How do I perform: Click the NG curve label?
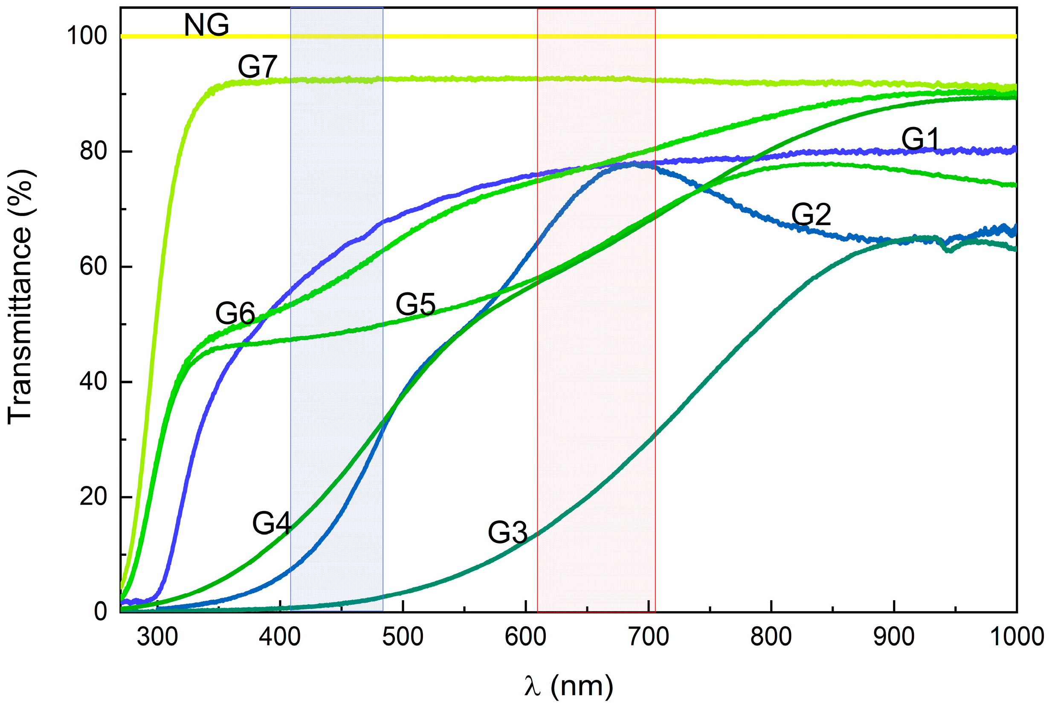click(x=206, y=25)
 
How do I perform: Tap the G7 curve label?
click(x=257, y=67)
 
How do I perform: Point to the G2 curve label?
click(x=811, y=214)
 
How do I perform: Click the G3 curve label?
click(x=507, y=533)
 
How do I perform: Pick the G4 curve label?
click(x=272, y=523)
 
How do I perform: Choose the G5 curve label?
click(x=415, y=304)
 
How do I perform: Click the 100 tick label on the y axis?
click(x=87, y=35)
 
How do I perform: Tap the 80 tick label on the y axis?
click(x=93, y=151)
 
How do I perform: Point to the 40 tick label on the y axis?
click(x=93, y=381)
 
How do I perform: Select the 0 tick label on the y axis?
click(x=100, y=612)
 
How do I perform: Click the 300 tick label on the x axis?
click(x=157, y=637)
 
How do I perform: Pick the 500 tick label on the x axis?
click(x=403, y=637)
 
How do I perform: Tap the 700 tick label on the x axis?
click(x=648, y=637)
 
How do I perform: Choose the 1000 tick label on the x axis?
click(x=1017, y=637)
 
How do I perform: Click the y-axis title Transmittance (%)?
click(x=20, y=297)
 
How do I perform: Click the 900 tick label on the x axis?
click(x=894, y=637)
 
